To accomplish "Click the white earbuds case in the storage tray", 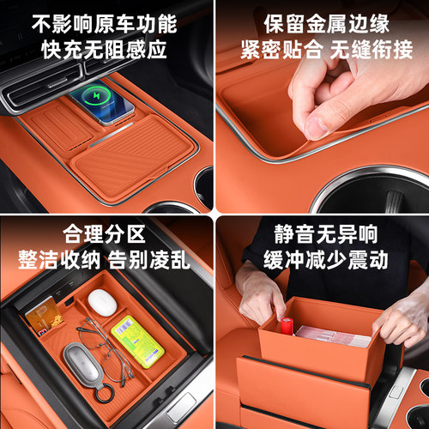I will click(102, 300).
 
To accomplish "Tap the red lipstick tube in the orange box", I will click(287, 328).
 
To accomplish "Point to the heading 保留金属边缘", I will click(322, 21).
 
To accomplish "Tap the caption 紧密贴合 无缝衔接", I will click(322, 51).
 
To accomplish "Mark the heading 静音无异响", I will click(322, 233).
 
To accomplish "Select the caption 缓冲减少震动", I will click(322, 259).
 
